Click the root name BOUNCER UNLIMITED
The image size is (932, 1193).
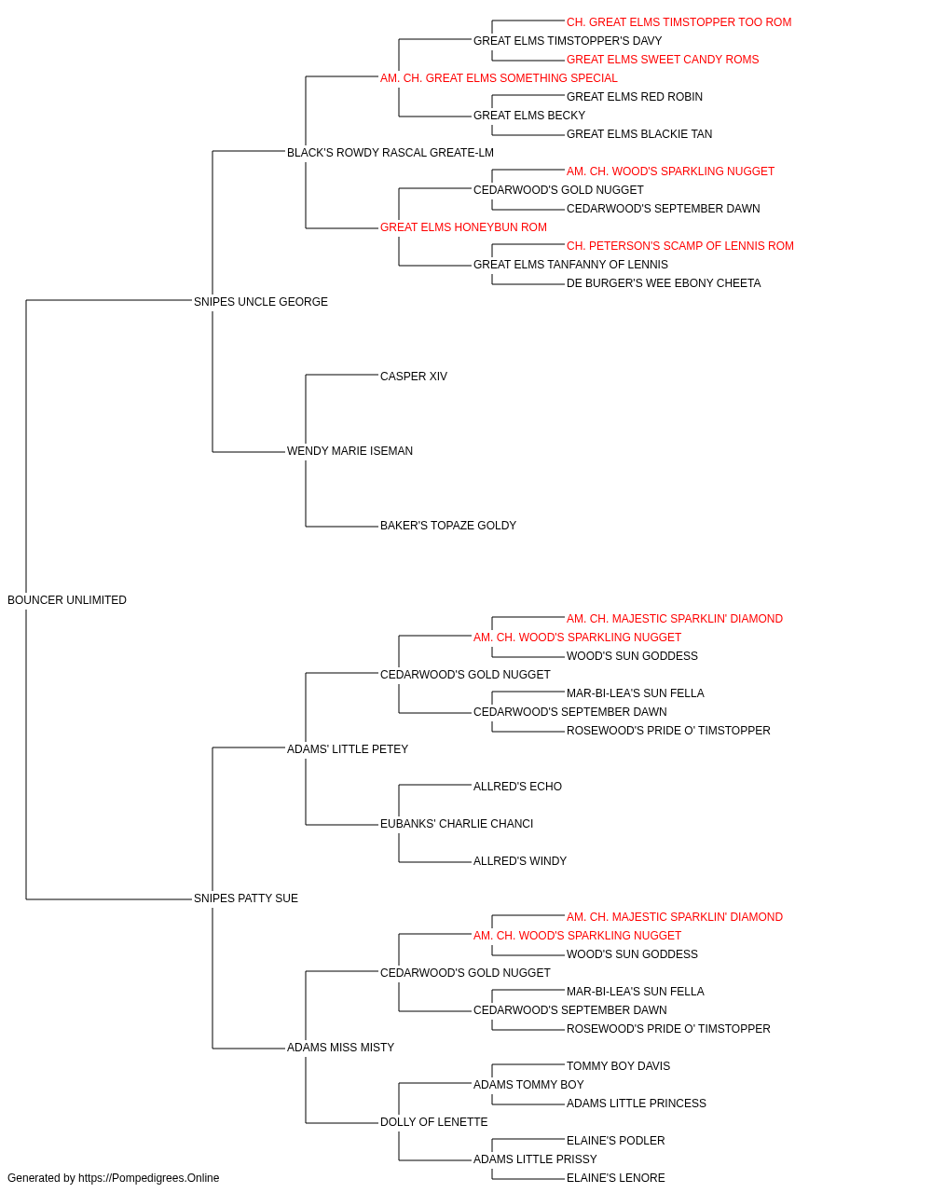click(x=67, y=600)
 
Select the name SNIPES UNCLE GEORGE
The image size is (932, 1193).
click(x=261, y=302)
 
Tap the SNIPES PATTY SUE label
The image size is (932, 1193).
click(x=246, y=898)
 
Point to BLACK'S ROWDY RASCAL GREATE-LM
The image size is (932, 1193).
click(x=391, y=153)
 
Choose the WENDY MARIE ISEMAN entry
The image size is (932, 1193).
click(x=349, y=451)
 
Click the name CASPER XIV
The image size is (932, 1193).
click(x=413, y=377)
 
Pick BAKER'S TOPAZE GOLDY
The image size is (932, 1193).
click(x=448, y=526)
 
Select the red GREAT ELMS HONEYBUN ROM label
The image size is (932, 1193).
click(x=463, y=227)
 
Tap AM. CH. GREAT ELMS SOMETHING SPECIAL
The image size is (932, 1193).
click(x=499, y=78)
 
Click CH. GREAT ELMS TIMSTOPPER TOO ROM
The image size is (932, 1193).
click(x=679, y=22)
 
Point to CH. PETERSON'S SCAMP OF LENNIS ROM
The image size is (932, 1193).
click(x=680, y=246)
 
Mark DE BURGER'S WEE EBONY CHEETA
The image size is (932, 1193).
click(x=664, y=283)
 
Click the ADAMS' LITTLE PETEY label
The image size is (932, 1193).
click(x=348, y=749)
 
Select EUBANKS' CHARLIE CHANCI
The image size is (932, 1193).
click(x=457, y=824)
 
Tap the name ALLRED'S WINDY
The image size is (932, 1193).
click(x=520, y=861)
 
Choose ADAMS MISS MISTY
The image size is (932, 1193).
click(x=340, y=1048)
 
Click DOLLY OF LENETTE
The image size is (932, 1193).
click(x=433, y=1122)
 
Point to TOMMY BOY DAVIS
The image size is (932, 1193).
click(x=618, y=1066)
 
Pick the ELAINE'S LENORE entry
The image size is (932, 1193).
click(x=615, y=1178)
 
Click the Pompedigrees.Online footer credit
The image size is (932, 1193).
click(x=113, y=1178)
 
